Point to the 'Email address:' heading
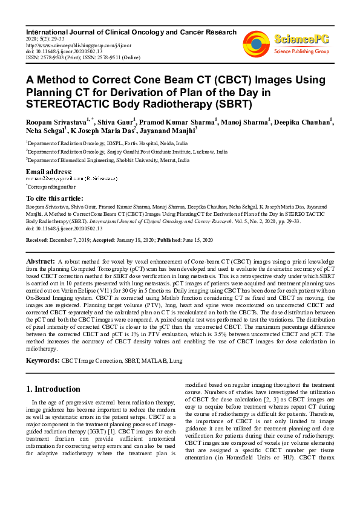coord(49,172)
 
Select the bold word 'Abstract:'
coord(41,261)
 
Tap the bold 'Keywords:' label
coord(42,360)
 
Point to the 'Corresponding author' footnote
coord(51,187)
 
